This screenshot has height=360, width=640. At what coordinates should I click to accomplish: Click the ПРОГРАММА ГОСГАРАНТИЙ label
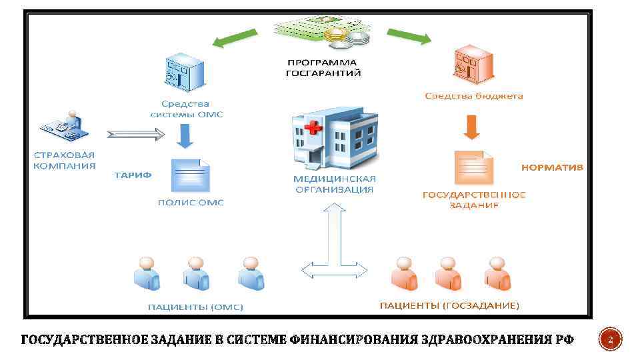point(323,67)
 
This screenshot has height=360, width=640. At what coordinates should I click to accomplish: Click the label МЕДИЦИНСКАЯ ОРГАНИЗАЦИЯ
point(335,184)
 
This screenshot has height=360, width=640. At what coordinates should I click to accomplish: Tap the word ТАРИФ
point(133,175)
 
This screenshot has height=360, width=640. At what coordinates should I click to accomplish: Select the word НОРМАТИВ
point(551,167)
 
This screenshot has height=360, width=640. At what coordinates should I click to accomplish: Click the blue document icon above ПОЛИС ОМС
point(190,177)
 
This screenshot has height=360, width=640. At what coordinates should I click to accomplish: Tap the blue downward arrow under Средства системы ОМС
point(185,136)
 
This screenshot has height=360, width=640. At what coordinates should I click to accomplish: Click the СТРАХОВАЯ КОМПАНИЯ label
point(65,161)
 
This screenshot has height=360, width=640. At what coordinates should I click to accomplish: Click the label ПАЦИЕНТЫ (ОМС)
point(195,307)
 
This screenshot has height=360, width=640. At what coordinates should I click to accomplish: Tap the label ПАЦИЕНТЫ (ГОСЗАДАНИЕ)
point(449,306)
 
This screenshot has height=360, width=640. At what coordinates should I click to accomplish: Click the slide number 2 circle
point(611,341)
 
